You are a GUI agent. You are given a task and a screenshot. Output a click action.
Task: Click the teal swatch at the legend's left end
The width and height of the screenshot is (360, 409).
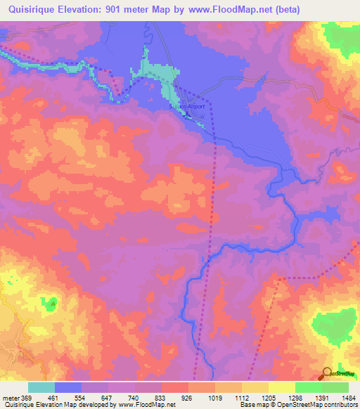click(41, 387)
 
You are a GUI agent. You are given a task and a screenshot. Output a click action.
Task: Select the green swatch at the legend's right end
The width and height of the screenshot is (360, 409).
click(335, 387)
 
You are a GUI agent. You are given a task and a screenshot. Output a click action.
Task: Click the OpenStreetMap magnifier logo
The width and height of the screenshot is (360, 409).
click(327, 373)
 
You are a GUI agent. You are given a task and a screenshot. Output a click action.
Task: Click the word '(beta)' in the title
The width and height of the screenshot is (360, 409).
click(302, 9)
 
